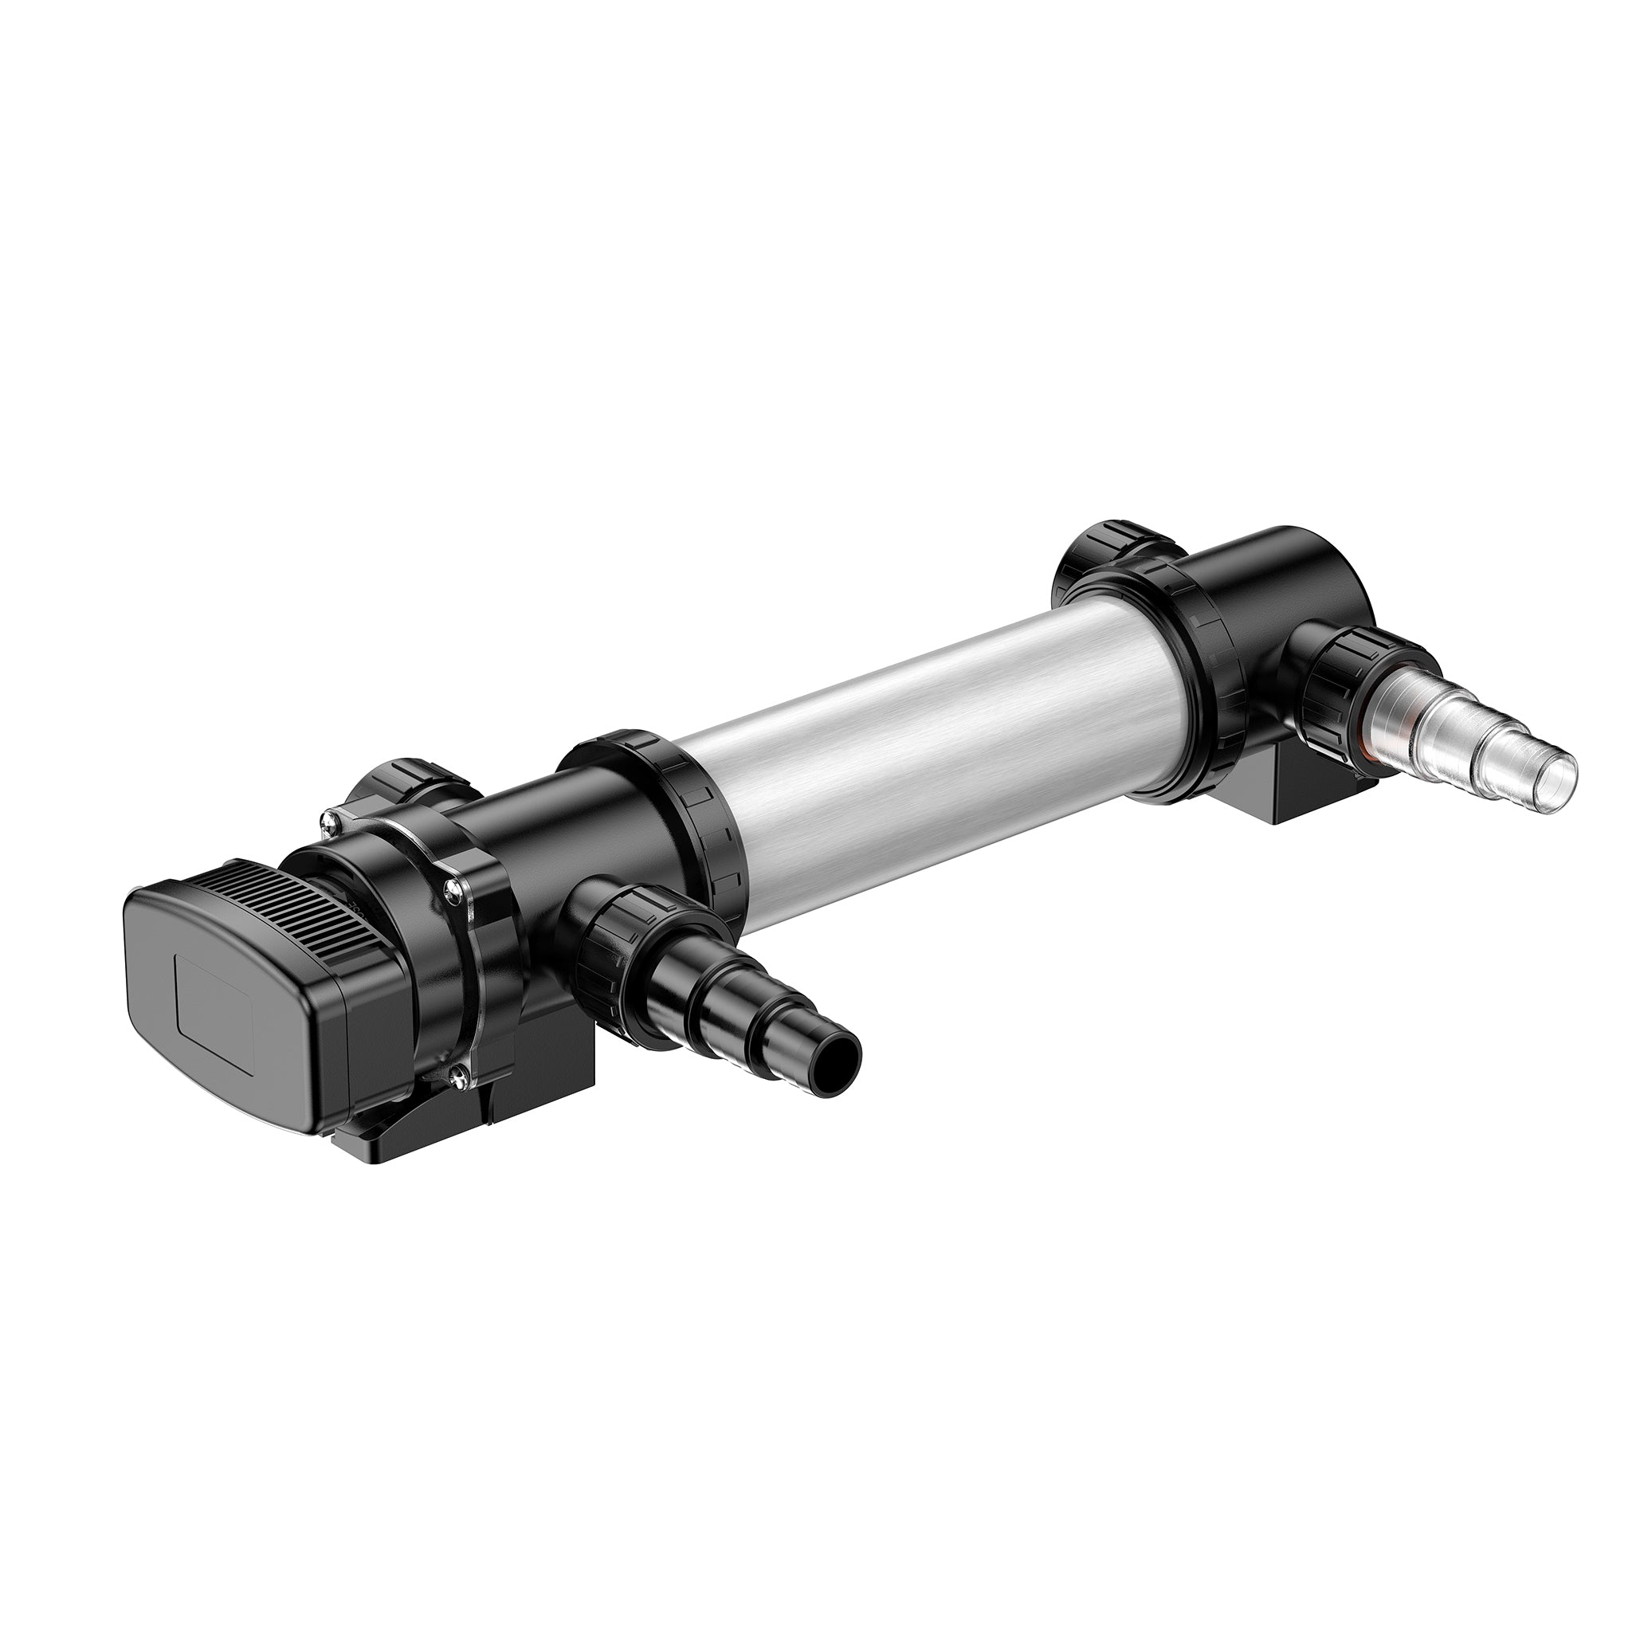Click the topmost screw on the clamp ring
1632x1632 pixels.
click(331, 818)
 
